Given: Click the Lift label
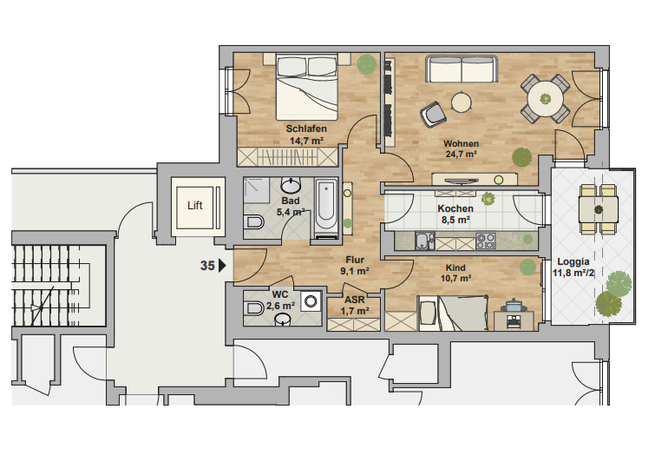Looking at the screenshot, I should [195, 206].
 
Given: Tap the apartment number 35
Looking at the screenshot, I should [207, 267].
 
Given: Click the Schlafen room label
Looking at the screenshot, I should [306, 129].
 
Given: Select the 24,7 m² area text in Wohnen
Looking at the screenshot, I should [462, 154].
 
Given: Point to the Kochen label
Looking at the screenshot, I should [455, 208].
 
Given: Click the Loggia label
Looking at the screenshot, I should [573, 261].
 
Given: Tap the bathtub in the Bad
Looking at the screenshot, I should [326, 205].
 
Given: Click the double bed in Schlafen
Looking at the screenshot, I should [306, 87].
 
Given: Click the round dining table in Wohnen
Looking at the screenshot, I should [545, 99].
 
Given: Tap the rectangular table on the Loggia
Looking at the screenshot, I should [599, 208].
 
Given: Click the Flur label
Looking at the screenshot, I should [354, 260].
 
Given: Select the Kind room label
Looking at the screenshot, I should [456, 267].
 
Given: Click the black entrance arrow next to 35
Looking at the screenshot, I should [223, 267].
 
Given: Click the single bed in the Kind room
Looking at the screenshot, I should [451, 313].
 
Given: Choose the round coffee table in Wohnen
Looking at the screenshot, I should [462, 102].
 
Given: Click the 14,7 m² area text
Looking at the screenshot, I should [306, 140].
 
